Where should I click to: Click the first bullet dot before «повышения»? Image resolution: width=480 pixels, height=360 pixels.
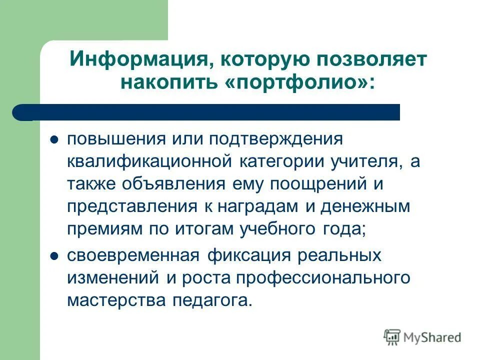pyautogui.click(x=55, y=139)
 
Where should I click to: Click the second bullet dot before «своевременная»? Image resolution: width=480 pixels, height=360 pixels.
pyautogui.click(x=55, y=256)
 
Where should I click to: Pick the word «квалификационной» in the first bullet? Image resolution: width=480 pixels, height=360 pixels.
pyautogui.click(x=149, y=162)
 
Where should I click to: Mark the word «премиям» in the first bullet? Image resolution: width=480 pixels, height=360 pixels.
pyautogui.click(x=104, y=230)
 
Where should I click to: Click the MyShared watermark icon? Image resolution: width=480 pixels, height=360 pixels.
pyautogui.click(x=392, y=337)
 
